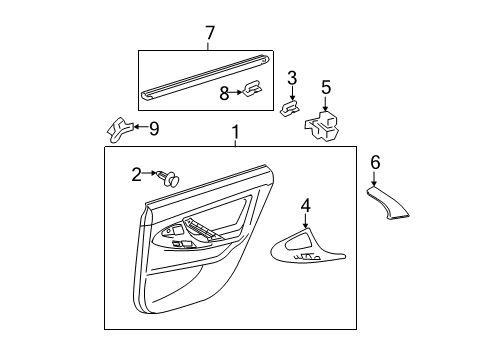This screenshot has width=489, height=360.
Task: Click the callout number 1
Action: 235,133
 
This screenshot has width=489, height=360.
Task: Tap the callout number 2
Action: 137,174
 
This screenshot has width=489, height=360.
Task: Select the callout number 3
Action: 292,78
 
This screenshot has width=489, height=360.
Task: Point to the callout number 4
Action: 306,206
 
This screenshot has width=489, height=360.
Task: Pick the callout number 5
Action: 325,87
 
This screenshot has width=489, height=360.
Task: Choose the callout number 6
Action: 375,161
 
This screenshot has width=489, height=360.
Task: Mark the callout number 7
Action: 209,35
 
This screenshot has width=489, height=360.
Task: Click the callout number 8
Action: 225,92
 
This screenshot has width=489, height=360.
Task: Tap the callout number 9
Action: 153,127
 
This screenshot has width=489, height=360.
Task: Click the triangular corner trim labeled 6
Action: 392,205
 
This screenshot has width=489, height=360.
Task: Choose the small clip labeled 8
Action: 255,93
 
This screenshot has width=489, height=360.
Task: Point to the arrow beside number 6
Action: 375,178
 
